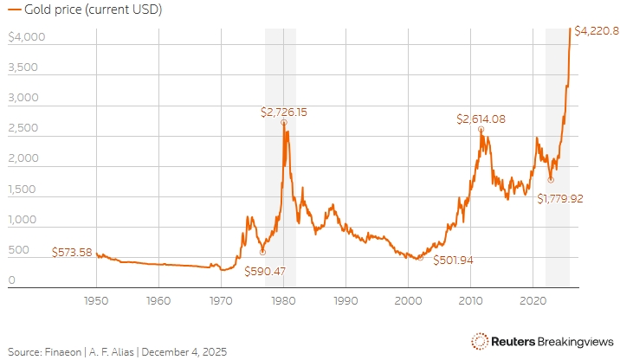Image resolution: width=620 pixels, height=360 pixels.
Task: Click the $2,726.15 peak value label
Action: click(285, 112)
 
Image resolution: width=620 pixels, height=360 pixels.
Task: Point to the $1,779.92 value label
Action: click(560, 198)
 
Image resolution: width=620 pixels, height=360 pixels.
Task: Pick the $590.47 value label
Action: click(264, 271)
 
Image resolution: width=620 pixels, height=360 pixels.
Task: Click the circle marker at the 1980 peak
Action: click(284, 123)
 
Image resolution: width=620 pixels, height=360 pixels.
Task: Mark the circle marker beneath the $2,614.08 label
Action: click(481, 130)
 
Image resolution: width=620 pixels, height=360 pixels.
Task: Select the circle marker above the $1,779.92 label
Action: click(551, 180)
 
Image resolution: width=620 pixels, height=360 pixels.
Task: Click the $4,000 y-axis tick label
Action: click(25, 38)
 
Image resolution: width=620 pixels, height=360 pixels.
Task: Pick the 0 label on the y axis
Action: click(12, 280)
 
